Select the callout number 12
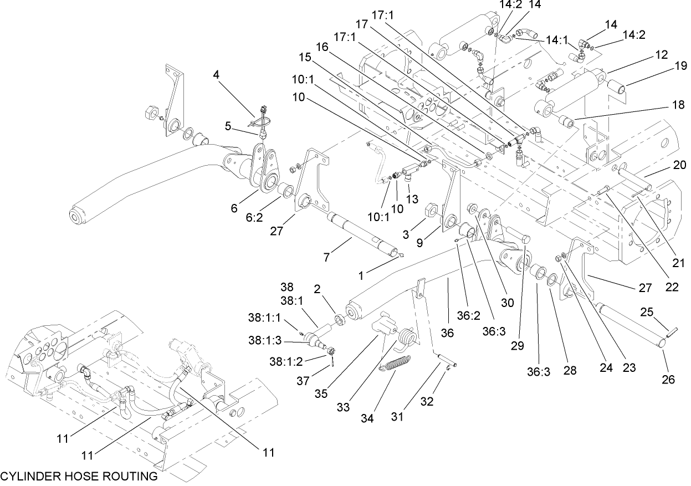pos(662,55)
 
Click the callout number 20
pos(680,165)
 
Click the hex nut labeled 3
pos(431,211)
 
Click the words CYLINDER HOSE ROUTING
pos(79,476)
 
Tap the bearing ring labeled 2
pos(338,320)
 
